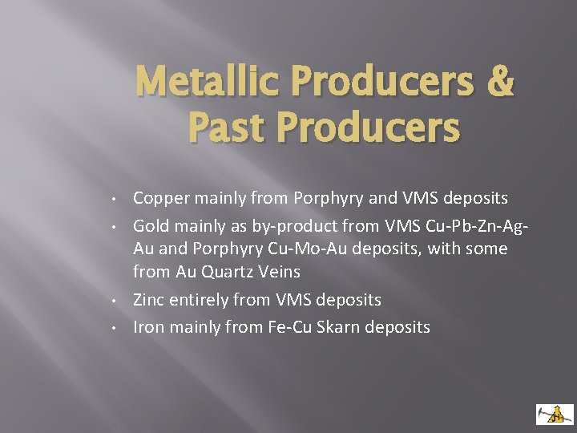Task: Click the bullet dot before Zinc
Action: (116, 301)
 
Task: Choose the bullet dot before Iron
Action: (116, 328)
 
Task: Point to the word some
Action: (489, 249)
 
